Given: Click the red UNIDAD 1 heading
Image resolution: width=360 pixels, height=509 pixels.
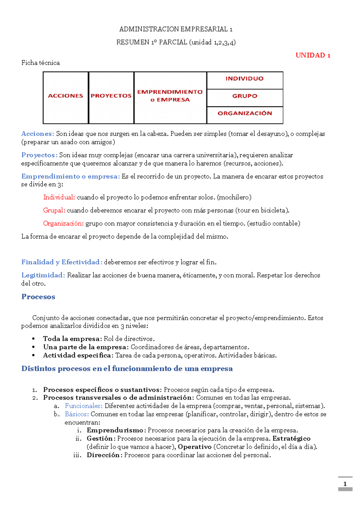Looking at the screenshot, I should (x=313, y=55).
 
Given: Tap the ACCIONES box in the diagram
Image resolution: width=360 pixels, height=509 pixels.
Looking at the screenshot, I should (x=65, y=96).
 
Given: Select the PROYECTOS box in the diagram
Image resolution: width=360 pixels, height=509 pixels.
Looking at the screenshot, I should (x=111, y=96).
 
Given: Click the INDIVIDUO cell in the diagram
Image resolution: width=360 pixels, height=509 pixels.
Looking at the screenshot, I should (x=244, y=79).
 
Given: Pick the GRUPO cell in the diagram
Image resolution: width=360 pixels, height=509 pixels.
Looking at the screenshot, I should (x=244, y=96).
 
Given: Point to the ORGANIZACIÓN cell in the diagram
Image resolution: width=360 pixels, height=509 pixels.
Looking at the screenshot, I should (x=244, y=113).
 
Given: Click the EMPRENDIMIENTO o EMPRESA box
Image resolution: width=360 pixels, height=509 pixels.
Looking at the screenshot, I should (x=170, y=96).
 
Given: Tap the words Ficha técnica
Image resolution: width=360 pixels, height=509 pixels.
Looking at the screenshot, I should (x=40, y=63).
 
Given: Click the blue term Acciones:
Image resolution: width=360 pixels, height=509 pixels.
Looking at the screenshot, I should (x=37, y=134).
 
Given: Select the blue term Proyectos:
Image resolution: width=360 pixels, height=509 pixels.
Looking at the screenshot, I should (x=39, y=155).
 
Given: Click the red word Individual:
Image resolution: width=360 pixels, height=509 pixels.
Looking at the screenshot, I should (x=59, y=198).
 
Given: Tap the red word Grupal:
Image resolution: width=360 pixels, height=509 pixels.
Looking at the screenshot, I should (x=54, y=210).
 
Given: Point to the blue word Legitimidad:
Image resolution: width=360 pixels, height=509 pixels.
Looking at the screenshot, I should (x=43, y=275).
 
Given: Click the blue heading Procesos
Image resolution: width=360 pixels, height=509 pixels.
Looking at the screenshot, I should (x=38, y=297).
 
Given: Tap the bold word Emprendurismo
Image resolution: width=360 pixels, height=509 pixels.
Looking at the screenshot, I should (x=115, y=430).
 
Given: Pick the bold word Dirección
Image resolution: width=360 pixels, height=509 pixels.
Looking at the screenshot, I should (x=103, y=455).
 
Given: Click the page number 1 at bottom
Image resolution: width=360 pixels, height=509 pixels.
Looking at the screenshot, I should (x=345, y=484).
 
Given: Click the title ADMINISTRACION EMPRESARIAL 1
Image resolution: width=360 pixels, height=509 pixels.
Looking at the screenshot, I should (x=176, y=29).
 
